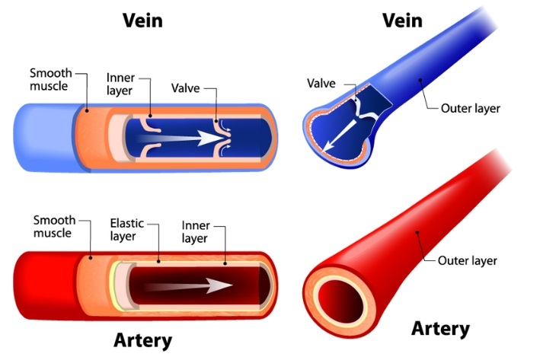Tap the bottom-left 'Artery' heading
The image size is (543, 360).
tap(145, 339)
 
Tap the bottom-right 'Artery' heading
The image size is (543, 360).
tap(440, 329)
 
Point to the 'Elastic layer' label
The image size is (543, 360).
tap(131, 231)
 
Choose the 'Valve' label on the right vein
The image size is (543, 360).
tap(322, 81)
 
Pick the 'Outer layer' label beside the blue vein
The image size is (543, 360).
tap(471, 109)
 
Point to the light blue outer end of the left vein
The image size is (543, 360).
tap(42, 138)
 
